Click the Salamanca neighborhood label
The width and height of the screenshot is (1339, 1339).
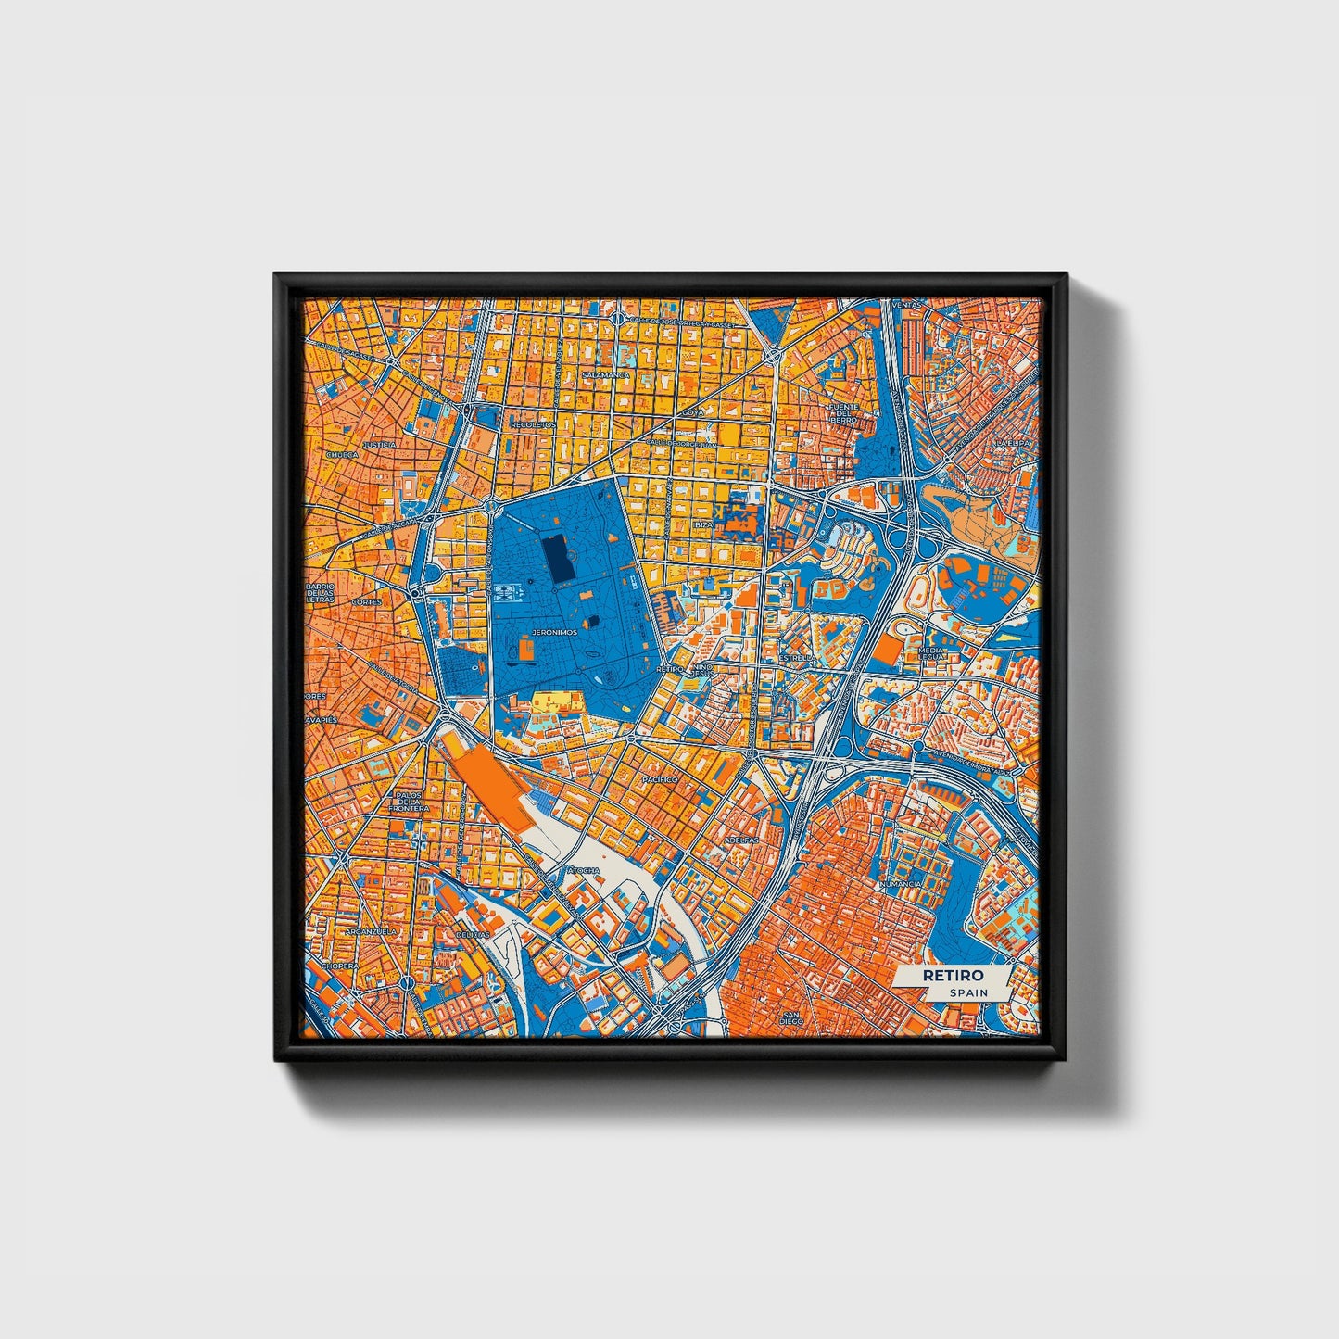pos(607,375)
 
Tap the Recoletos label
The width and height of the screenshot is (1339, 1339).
pos(533,424)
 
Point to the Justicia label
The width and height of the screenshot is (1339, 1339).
pos(379,445)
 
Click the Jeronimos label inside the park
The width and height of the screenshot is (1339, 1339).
pos(554,632)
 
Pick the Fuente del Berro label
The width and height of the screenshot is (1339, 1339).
pos(843,413)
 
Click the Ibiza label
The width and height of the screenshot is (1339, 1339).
pos(703,524)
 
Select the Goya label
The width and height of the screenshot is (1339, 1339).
pos(693,410)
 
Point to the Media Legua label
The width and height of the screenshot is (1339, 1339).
pos(929,654)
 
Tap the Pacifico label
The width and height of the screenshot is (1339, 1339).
pos(658,780)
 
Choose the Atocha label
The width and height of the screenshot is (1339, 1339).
pos(584,871)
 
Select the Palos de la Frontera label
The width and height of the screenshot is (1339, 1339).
pos(409,802)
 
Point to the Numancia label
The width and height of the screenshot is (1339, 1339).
pos(900,884)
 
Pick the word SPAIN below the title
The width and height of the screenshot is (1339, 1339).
pos(967,993)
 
